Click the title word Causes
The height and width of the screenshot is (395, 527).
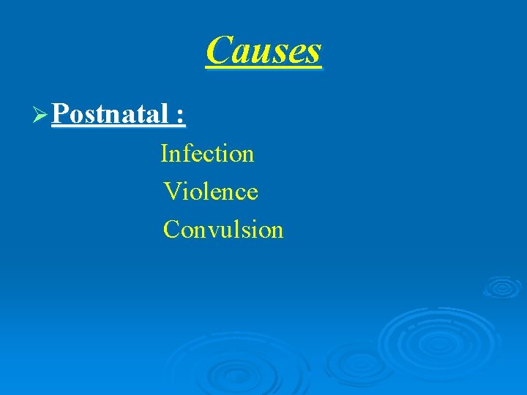[x=263, y=50]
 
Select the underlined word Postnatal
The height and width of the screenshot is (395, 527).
[x=111, y=114]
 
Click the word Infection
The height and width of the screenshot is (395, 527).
[x=207, y=154]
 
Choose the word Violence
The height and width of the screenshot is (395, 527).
[x=211, y=192]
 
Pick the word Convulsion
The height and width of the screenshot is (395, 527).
[x=223, y=230]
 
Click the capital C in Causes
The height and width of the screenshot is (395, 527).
[x=218, y=50]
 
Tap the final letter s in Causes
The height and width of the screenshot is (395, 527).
[x=313, y=53]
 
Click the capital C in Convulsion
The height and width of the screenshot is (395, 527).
[x=172, y=230]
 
